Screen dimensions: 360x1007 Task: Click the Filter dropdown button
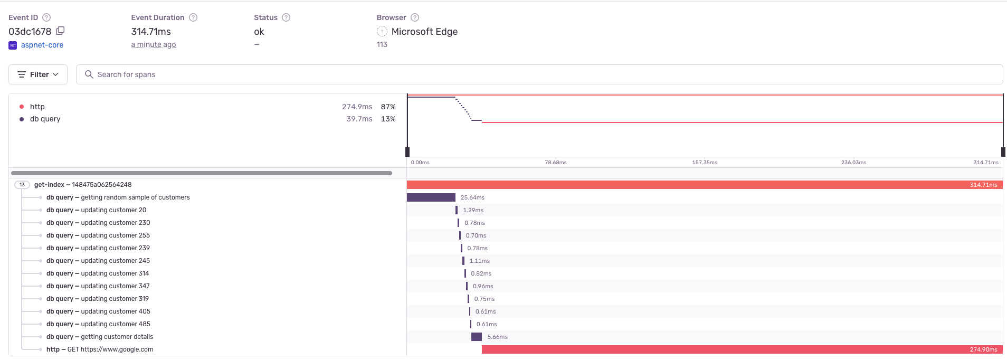[38, 74]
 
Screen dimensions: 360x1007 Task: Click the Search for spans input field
[538, 74]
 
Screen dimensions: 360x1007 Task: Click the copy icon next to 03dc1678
[60, 31]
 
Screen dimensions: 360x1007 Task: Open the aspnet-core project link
[42, 45]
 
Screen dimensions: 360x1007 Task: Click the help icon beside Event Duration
[193, 17]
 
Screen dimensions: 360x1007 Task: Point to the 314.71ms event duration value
[151, 32]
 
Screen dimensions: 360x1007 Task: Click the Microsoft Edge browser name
[424, 32]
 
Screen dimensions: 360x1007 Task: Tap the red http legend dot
[22, 107]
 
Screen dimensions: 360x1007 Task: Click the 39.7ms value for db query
[359, 119]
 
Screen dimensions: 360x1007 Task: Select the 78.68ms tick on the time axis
[555, 163]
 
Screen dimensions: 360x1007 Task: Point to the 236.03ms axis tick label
[853, 163]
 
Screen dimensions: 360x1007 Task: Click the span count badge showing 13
[22, 185]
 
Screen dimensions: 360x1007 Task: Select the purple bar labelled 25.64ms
[431, 197]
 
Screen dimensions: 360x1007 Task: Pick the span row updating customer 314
[98, 273]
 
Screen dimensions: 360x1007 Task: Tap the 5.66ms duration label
[497, 337]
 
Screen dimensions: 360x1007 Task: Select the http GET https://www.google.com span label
[100, 349]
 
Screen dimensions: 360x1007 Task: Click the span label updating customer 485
[98, 324]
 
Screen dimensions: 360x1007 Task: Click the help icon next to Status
[286, 17]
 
